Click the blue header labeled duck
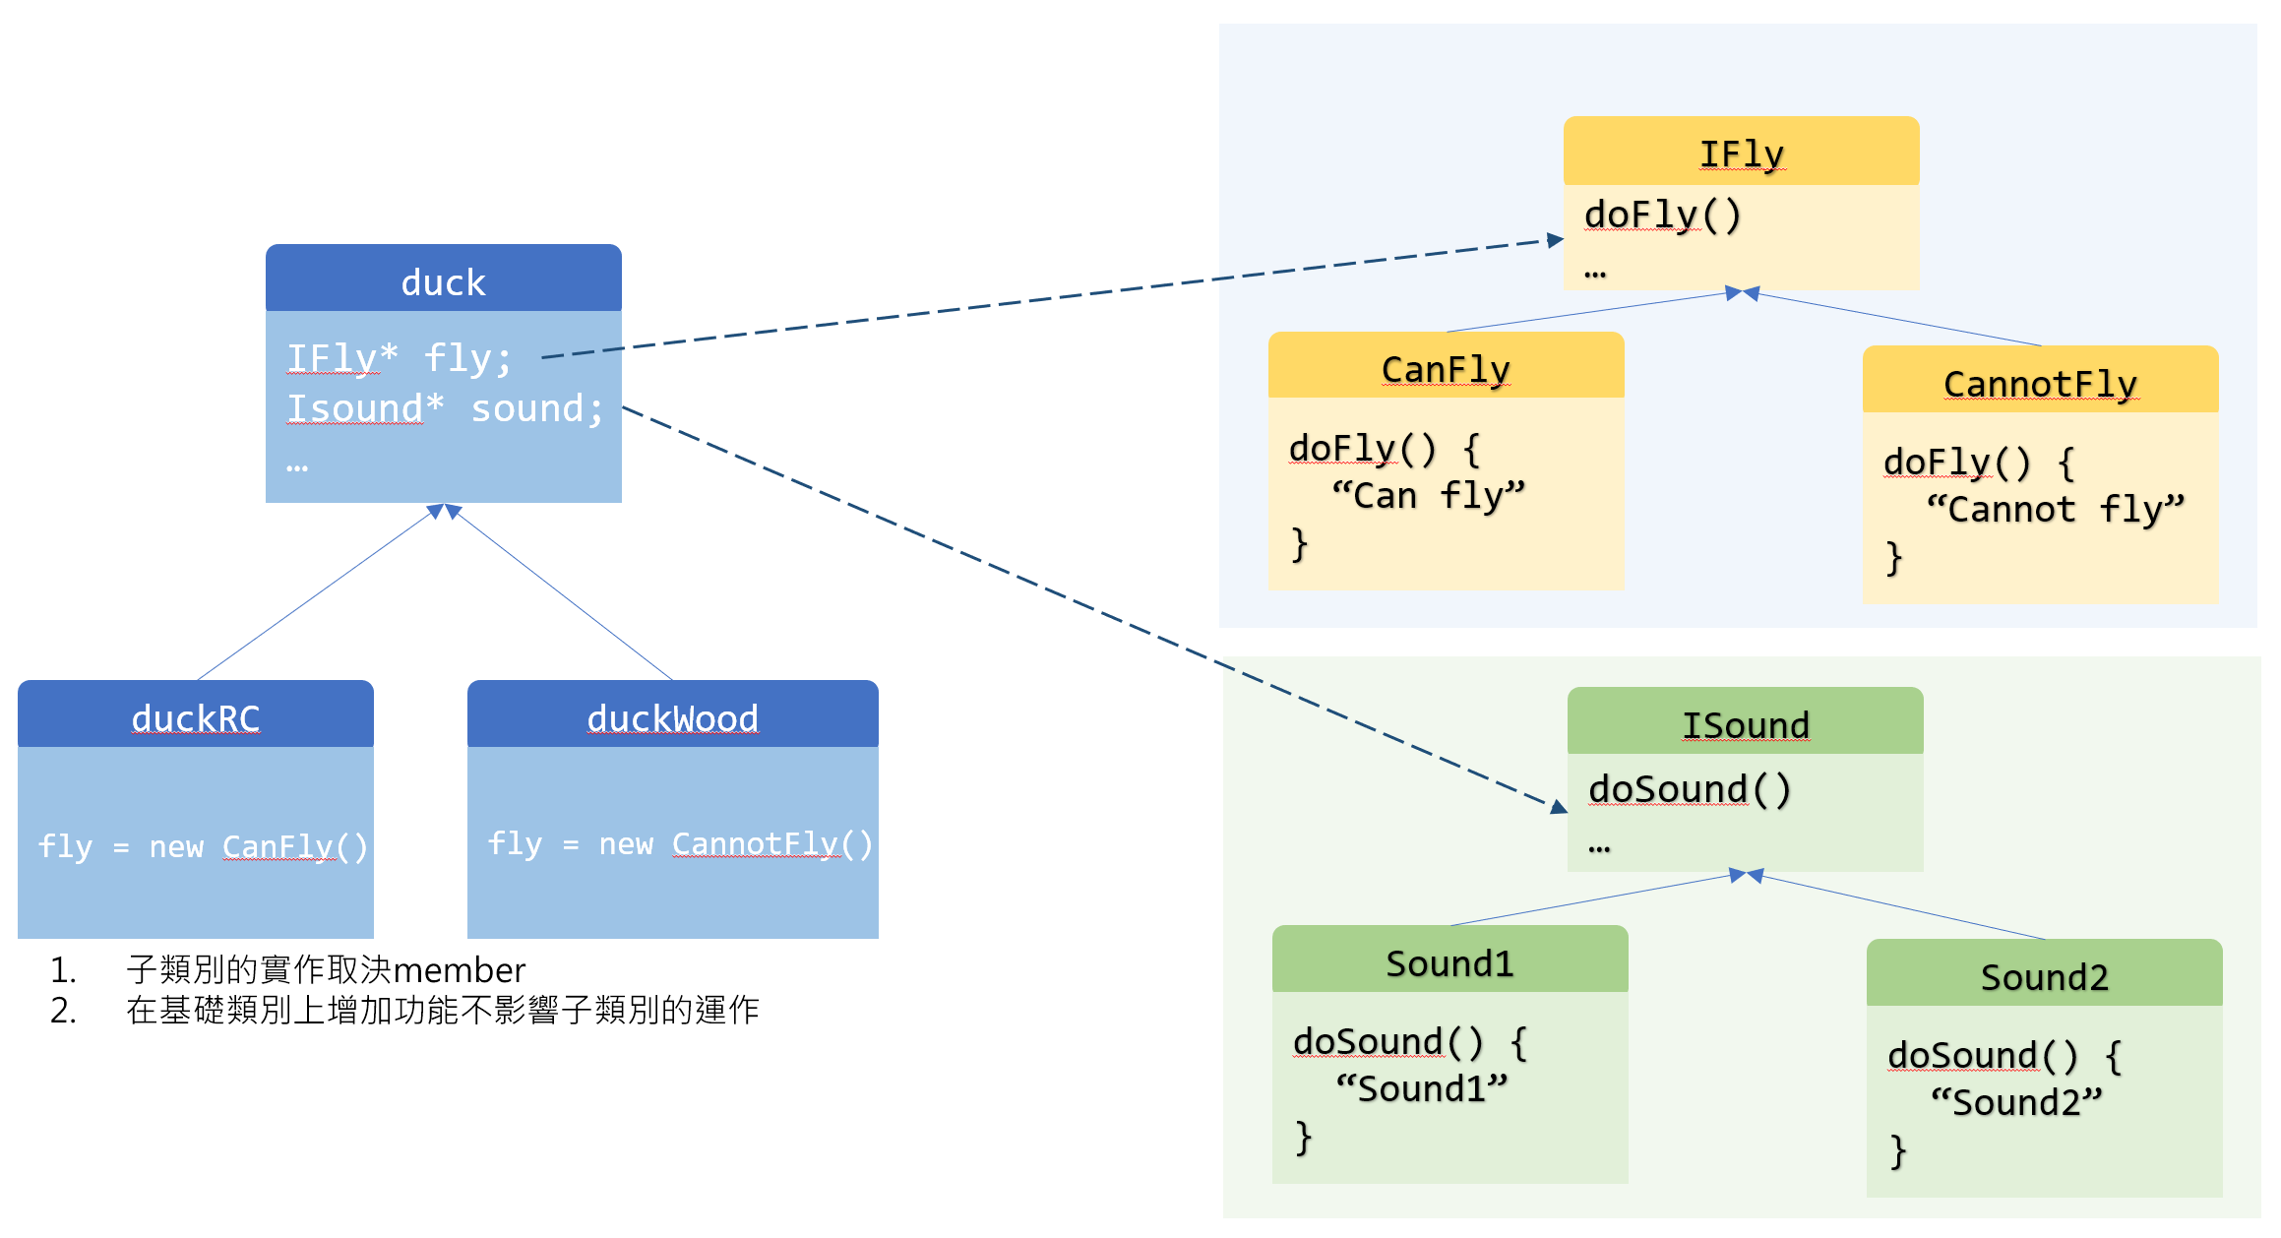443,282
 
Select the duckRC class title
196,718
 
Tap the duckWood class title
672,718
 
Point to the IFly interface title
1741,154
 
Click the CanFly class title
1445,369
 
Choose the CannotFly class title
2040,384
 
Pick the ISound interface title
1745,725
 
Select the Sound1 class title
1449,963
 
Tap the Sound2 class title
2044,977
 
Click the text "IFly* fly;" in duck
399,358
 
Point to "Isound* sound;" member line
445,408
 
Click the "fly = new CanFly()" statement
203,846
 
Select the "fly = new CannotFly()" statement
680,843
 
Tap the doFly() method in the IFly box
1662,215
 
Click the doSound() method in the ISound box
1690,789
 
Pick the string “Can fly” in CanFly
1428,496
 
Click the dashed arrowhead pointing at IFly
1555,240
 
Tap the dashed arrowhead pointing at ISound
1559,808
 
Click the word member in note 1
459,970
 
